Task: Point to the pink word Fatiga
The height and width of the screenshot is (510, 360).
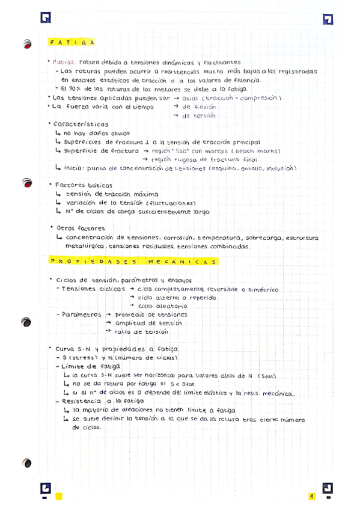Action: [64, 61]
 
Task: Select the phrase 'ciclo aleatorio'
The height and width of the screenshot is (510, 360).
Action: [158, 306]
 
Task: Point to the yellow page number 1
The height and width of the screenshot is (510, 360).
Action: [312, 496]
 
